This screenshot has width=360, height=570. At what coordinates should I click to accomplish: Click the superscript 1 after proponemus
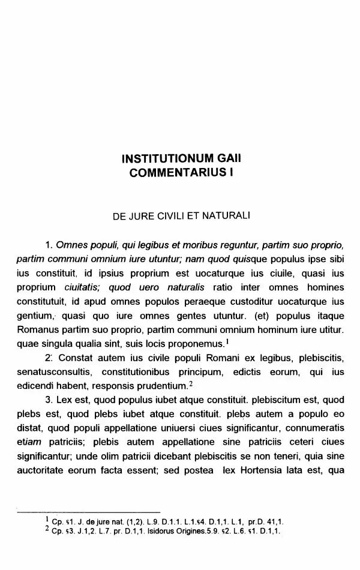pos(227,342)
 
